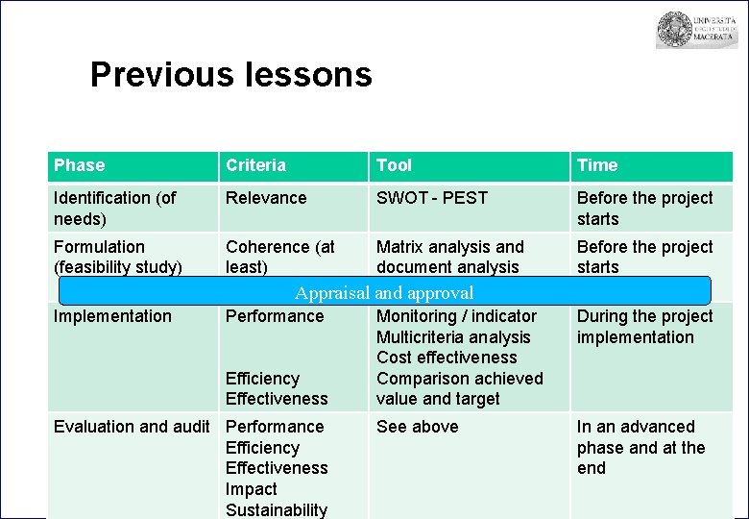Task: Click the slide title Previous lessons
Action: tap(230, 74)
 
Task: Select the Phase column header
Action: tap(80, 165)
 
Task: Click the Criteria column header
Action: tap(255, 165)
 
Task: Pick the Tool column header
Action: tap(394, 165)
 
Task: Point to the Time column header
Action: tap(597, 165)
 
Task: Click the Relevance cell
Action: tap(266, 198)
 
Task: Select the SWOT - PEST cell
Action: tap(432, 198)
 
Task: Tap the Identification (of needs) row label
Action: tap(115, 208)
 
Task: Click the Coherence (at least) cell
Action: tap(279, 257)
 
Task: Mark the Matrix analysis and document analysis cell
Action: tap(450, 257)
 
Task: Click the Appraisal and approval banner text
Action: tap(384, 293)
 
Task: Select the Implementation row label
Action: tap(112, 316)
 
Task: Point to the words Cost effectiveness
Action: tap(447, 358)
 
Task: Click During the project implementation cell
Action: tap(644, 327)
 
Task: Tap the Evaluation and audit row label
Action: tap(132, 427)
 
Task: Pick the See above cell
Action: tap(418, 427)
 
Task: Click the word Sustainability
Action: tap(277, 509)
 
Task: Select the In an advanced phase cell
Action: tap(640, 447)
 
